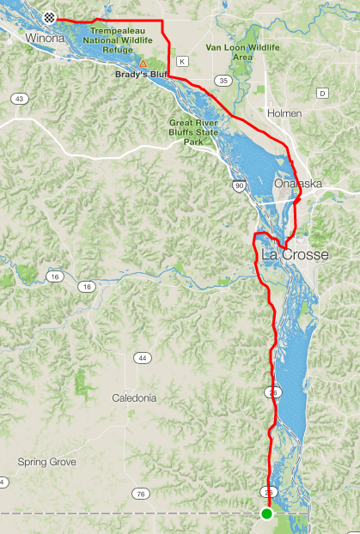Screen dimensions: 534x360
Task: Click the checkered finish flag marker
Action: [x=51, y=16]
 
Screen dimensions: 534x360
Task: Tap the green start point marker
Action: [x=266, y=513]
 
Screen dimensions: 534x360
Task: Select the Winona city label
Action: [x=46, y=39]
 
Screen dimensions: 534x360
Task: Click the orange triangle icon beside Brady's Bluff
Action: [x=143, y=63]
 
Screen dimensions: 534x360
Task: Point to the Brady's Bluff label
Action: [x=138, y=75]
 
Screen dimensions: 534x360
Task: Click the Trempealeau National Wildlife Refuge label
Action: [x=125, y=39]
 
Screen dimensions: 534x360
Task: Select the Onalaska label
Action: [x=297, y=184]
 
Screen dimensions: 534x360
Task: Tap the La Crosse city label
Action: [x=294, y=255]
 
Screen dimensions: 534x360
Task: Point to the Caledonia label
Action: [x=134, y=398]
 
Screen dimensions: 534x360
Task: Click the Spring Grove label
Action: [x=47, y=462]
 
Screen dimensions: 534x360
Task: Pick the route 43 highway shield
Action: [x=18, y=100]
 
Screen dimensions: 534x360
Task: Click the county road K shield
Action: [x=182, y=61]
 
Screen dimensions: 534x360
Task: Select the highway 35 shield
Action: [x=223, y=81]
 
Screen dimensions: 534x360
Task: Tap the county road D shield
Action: [x=322, y=93]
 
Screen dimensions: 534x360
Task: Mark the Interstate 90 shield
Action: [x=238, y=185]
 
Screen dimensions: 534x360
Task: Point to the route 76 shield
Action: [x=140, y=494]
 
